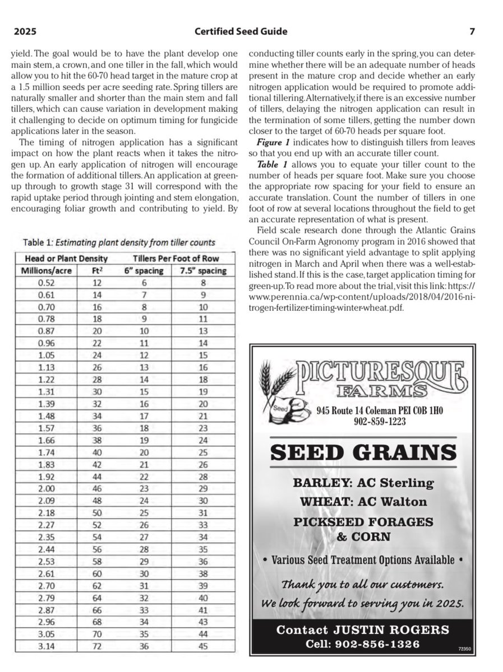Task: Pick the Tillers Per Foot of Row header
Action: (x=176, y=259)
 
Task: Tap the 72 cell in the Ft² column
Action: (x=98, y=646)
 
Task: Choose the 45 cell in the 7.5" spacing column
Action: (x=203, y=646)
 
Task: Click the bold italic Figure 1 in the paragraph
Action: (x=273, y=143)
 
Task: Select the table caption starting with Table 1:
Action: (x=118, y=242)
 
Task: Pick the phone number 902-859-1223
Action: (x=379, y=421)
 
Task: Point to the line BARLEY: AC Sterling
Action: (x=363, y=482)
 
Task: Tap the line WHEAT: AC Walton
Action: (x=363, y=501)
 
